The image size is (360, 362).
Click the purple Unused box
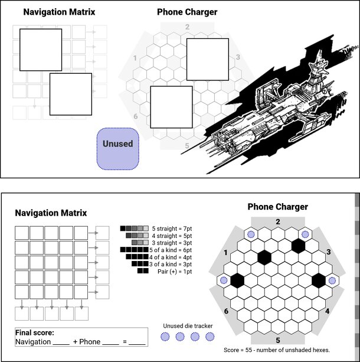click(117, 149)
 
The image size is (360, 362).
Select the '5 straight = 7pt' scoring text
click(172, 229)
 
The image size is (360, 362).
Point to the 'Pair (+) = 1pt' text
click(175, 271)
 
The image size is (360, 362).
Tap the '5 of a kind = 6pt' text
click(171, 250)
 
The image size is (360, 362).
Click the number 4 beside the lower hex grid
click(327, 311)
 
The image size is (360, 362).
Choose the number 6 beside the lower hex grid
click(226, 311)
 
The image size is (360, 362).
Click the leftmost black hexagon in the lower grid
click(237, 281)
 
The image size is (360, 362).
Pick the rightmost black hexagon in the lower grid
click(319, 281)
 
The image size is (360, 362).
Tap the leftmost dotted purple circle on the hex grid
click(224, 281)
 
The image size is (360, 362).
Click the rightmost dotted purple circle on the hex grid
click(332, 281)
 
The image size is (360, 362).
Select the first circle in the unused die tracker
click(165, 337)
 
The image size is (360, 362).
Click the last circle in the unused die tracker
click(210, 337)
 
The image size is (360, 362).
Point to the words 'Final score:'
click(35, 332)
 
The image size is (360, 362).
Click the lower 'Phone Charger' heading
click(277, 207)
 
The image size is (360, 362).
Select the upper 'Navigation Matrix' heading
click(59, 12)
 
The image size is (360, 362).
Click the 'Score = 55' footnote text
click(277, 350)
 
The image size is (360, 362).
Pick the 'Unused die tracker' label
click(188, 326)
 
